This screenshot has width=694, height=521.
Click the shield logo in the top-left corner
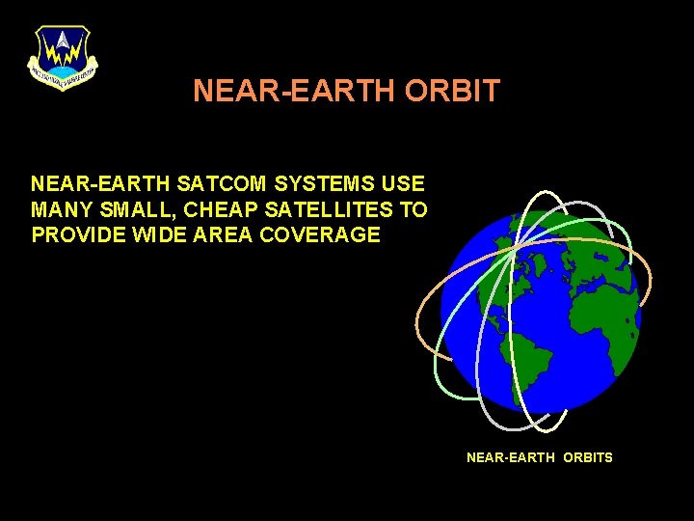[63, 57]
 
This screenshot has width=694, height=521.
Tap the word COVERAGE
[329, 235]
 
